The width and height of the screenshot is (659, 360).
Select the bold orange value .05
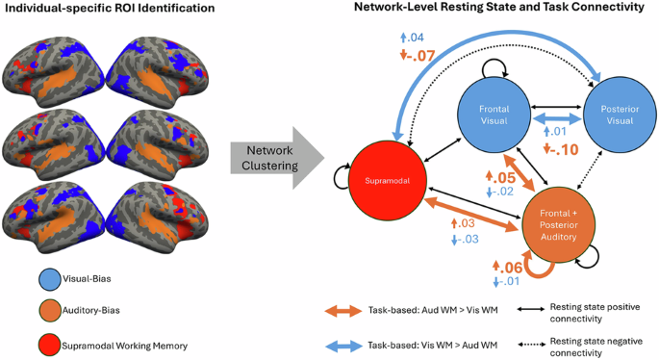[x=501, y=179]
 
